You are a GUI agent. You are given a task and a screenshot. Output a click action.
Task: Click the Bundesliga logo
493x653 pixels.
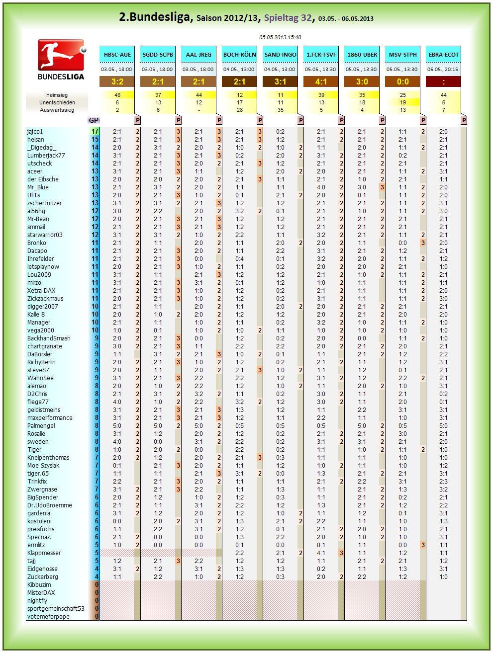coord(61,60)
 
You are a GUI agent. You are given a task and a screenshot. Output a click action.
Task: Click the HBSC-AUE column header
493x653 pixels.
coord(117,55)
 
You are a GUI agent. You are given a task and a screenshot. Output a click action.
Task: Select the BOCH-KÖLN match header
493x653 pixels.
coord(239,55)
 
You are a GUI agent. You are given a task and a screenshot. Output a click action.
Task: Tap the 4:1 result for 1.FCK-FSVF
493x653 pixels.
coord(321,82)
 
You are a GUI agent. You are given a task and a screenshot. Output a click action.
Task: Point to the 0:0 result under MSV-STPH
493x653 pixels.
coord(402,82)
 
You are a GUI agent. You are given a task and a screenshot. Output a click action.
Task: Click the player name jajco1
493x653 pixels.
coord(35,132)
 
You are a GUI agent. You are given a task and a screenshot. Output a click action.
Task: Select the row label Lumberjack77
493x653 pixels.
coord(46,155)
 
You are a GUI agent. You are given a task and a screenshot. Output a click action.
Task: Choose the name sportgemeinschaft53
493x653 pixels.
coord(56,608)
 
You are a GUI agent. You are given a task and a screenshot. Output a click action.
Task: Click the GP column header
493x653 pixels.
coord(94,120)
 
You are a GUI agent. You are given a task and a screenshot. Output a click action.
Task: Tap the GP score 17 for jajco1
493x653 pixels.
coord(95,132)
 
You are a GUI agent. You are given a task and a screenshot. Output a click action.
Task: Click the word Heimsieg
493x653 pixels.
coord(57,95)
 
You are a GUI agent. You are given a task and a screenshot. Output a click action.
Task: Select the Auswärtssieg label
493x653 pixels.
coord(57,110)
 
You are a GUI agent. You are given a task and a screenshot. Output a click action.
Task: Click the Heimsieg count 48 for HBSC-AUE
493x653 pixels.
coord(117,95)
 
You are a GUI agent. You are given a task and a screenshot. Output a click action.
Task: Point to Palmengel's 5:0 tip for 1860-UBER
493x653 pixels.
coord(362,426)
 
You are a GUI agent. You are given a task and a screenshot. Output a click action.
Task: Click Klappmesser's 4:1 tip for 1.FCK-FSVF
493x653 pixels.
coord(321,553)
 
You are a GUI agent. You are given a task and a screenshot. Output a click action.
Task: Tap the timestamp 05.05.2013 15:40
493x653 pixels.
coord(280,37)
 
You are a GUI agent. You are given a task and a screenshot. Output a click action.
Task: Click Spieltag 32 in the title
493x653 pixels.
coord(288,18)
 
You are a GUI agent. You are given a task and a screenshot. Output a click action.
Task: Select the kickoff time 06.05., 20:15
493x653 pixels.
coord(443,69)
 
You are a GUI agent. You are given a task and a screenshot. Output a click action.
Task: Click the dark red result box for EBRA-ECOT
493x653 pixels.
coord(443,82)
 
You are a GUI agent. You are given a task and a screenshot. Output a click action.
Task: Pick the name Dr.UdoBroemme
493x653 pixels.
coord(49,505)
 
